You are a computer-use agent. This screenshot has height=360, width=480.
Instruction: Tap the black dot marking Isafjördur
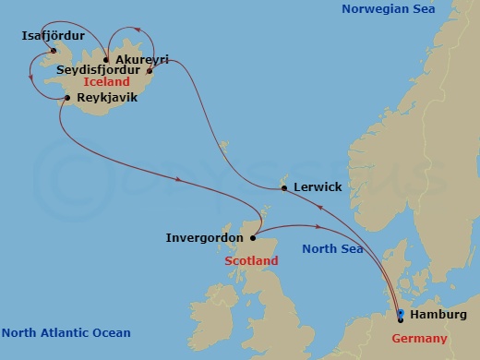pos(54,50)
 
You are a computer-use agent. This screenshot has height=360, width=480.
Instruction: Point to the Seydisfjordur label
pos(98,69)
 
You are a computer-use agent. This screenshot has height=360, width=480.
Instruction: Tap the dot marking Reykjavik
pos(68,98)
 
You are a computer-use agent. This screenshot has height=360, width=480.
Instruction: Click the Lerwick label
pos(317,187)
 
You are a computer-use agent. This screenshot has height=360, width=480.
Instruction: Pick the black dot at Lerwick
pos(283,189)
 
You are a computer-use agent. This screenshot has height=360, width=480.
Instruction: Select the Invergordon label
pos(204,237)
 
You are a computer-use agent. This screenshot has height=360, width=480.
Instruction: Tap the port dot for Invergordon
pos(252,237)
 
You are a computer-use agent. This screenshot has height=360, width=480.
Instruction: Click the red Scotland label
pos(251,261)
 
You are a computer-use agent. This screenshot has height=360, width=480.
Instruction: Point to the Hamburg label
pos(438,315)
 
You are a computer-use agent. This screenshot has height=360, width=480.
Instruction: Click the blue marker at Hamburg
pos(401,315)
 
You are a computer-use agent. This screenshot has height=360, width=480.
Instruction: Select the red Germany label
pos(421,339)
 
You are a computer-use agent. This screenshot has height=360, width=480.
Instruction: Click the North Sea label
pos(332,248)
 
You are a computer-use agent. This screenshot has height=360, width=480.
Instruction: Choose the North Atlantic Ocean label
pos(66,332)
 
